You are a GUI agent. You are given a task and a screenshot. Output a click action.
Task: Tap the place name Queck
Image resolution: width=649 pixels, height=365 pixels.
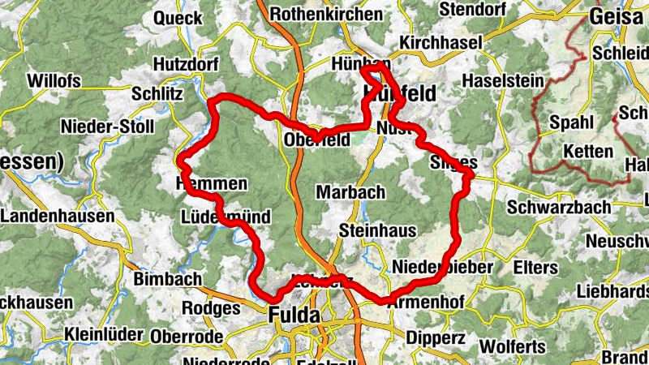click(178, 18)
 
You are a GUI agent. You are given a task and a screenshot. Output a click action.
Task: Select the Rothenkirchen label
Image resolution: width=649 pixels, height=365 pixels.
click(326, 14)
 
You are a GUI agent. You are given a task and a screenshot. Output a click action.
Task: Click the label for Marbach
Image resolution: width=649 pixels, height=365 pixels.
click(350, 192)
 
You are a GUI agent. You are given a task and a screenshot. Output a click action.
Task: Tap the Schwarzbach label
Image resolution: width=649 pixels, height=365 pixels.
click(559, 208)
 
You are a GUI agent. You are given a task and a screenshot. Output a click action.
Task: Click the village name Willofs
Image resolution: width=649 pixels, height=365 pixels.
click(54, 81)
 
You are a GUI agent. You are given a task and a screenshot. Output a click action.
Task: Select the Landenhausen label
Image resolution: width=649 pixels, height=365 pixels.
click(58, 217)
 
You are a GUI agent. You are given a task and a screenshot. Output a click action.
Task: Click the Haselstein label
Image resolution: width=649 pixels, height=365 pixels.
click(499, 81)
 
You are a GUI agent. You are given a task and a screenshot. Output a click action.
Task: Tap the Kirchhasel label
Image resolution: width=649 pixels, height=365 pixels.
click(441, 42)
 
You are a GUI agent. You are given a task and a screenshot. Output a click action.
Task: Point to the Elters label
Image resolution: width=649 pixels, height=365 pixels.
click(535, 268)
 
